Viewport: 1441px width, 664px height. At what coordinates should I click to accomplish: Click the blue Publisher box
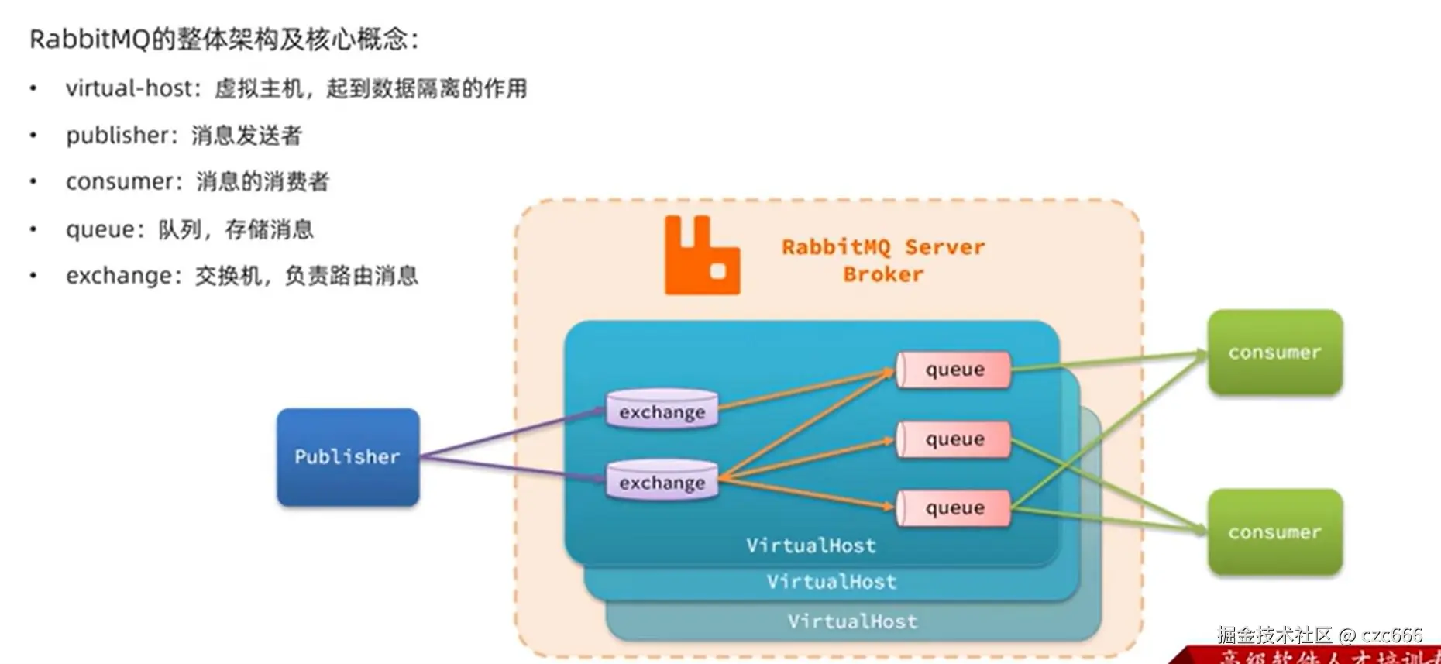(x=348, y=457)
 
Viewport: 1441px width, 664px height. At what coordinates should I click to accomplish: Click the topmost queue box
(x=954, y=370)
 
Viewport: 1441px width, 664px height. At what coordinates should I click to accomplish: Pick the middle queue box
(x=954, y=439)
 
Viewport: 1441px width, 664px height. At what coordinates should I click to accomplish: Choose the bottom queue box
(x=954, y=508)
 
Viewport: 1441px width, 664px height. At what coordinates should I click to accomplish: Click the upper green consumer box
(x=1274, y=353)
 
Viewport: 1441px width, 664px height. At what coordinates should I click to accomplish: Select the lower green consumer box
(x=1274, y=532)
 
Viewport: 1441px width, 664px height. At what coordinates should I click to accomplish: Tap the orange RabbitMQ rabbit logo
(x=701, y=256)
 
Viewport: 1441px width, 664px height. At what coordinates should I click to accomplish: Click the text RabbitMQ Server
(x=883, y=247)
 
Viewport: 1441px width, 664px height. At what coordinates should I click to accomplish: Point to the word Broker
(x=883, y=274)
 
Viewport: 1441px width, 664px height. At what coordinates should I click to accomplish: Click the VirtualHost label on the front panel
(x=811, y=545)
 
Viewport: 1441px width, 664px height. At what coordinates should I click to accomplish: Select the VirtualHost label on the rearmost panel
(x=852, y=621)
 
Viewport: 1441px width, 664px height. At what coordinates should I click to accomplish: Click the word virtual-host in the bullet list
(x=128, y=88)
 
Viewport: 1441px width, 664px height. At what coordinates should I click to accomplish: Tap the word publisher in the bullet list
(x=116, y=136)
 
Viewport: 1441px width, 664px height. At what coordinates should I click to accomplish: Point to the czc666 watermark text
(x=1392, y=635)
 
